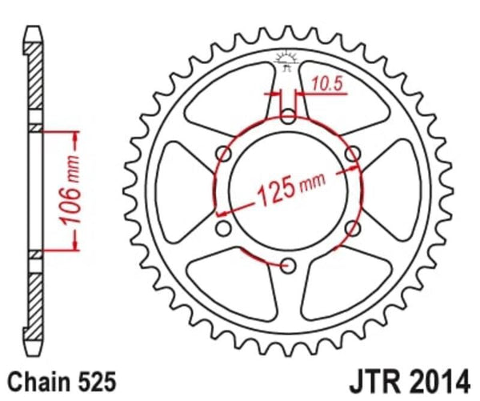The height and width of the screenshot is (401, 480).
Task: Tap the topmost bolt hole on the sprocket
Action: point(289,118)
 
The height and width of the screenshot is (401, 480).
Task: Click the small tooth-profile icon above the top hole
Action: point(287,60)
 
